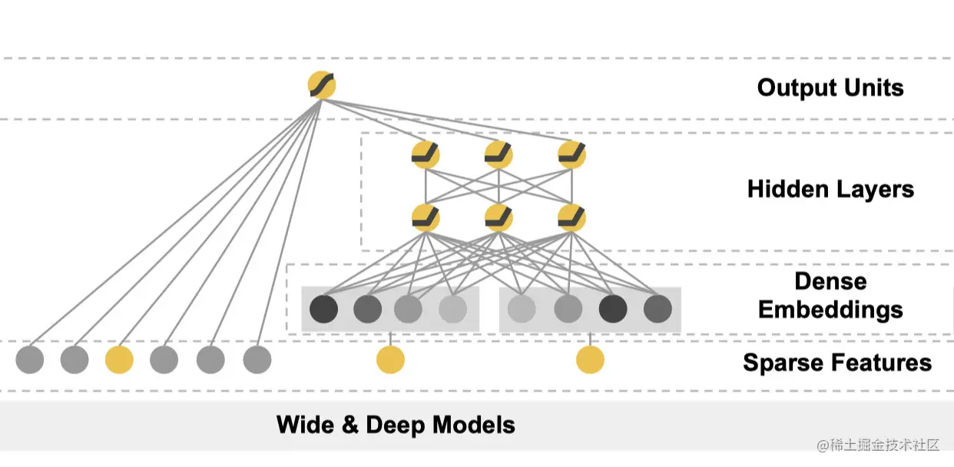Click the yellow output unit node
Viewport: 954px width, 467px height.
(x=322, y=85)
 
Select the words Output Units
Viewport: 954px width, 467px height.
(x=830, y=88)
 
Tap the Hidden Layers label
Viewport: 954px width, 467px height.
(x=830, y=189)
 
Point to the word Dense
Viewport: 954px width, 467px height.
(x=830, y=281)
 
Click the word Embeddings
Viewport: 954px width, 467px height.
(x=830, y=310)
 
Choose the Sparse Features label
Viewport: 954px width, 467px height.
(x=836, y=363)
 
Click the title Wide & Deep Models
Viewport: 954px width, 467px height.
(x=396, y=425)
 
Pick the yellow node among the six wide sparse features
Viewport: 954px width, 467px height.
(x=119, y=359)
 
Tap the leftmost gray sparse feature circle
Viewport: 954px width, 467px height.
(x=30, y=359)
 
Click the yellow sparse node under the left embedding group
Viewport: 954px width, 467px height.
(x=390, y=359)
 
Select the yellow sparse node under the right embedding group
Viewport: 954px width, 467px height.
(x=590, y=359)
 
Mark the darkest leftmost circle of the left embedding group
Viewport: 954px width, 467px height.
(x=323, y=310)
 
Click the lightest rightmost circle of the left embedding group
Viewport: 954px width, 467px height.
(x=452, y=310)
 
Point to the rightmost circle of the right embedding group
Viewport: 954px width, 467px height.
(x=658, y=310)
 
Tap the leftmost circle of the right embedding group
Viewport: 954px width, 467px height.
(x=522, y=310)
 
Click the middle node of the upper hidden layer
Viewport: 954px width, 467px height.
(x=499, y=155)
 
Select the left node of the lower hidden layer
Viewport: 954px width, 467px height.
(x=426, y=218)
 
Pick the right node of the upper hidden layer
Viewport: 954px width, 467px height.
(x=571, y=155)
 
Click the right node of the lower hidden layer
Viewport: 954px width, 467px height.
(x=571, y=218)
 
